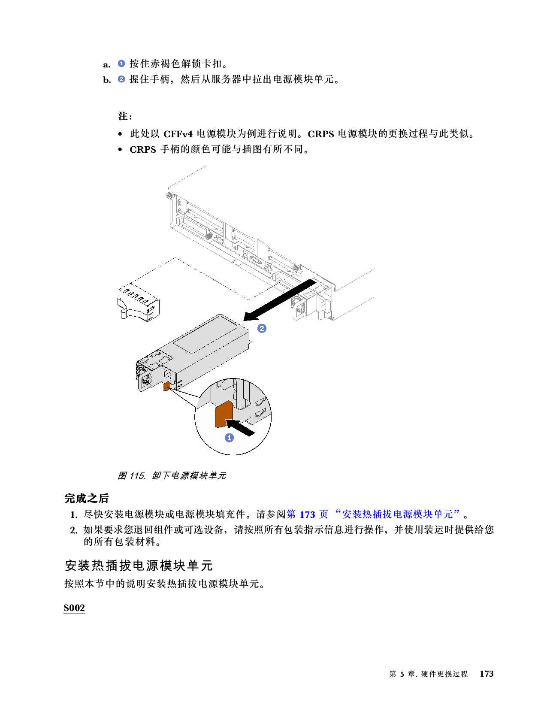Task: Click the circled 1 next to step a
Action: (121, 64)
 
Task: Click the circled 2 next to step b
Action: (121, 79)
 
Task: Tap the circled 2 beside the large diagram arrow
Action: (262, 328)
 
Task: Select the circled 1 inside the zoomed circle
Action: (230, 438)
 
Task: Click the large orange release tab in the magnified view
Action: (223, 414)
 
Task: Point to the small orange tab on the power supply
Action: (166, 387)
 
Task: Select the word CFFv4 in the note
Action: (178, 134)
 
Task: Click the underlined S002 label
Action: (74, 608)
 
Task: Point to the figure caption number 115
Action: (137, 475)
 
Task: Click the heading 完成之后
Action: (86, 498)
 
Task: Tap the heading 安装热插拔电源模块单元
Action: (139, 566)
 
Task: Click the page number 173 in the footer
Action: (487, 674)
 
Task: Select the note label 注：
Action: (125, 116)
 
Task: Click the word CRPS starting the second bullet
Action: (143, 149)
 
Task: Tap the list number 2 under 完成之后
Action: (73, 530)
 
